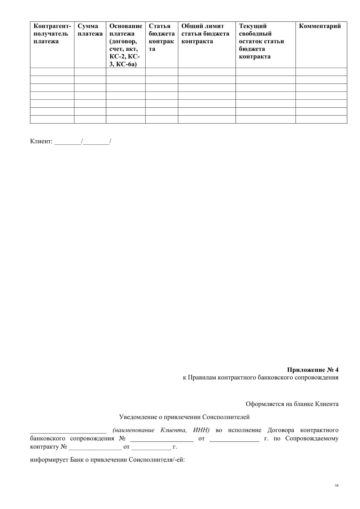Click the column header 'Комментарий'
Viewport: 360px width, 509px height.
point(320,26)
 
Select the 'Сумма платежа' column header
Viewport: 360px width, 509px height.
point(90,30)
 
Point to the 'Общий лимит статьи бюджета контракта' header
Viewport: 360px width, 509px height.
point(205,34)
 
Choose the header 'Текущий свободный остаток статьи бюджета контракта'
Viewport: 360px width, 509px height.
point(261,41)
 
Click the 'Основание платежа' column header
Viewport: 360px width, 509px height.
point(126,45)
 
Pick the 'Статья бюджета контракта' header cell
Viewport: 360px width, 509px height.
point(162,38)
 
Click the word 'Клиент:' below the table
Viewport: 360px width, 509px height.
point(41,141)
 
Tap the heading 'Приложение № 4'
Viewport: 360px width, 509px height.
point(313,369)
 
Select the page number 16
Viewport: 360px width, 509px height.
point(336,486)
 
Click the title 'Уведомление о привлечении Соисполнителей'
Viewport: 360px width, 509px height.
point(184,417)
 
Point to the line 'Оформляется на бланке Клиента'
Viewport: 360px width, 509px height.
point(292,404)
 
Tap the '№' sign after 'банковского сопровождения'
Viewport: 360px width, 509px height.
point(122,438)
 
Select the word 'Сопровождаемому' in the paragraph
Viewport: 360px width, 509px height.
point(312,438)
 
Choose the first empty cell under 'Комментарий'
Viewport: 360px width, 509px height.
point(321,72)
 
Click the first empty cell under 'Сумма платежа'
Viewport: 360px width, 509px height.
point(90,72)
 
